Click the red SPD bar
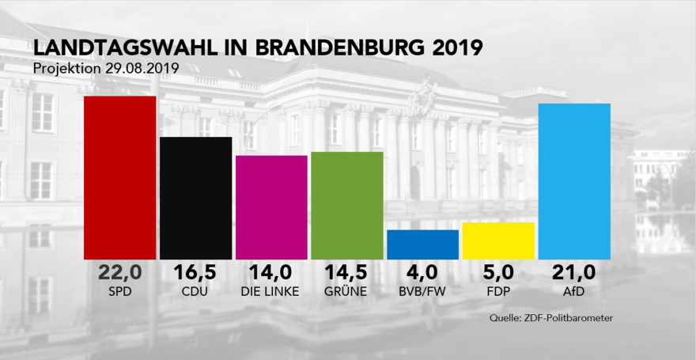coord(119,177)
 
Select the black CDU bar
coord(195,198)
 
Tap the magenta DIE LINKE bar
coord(271,207)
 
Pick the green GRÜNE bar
coord(347,205)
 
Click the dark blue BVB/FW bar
coord(422,244)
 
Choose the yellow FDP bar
coord(498,241)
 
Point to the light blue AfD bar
coord(574,181)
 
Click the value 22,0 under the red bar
coord(119,273)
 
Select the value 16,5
coord(195,273)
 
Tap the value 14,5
coord(347,273)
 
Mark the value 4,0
coord(422,273)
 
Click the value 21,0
coord(574,273)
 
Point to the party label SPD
coord(119,291)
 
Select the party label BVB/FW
coord(422,291)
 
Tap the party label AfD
coord(574,291)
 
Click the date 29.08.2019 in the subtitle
coord(140,68)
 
